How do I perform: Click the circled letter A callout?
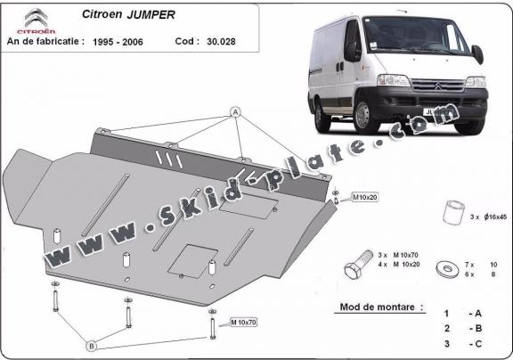[x=236, y=112]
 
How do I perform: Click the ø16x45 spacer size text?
[x=484, y=215]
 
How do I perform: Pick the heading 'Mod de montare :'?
[x=376, y=307]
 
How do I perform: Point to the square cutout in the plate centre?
[x=191, y=258]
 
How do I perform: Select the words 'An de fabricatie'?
[x=45, y=41]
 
